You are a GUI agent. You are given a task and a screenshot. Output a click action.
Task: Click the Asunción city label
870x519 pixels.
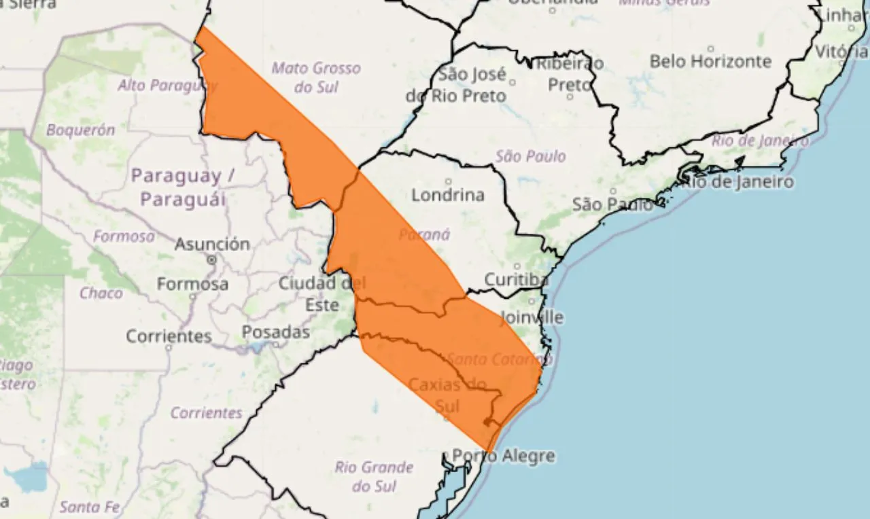pos(212,244)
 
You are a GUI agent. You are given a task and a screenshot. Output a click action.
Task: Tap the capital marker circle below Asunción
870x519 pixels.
pos(212,259)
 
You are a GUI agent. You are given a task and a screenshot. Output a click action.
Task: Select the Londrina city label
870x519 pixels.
pos(448,196)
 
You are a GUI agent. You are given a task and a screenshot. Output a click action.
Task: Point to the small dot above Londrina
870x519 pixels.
pos(448,181)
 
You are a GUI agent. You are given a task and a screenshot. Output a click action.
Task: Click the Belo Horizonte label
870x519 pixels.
pos(710,62)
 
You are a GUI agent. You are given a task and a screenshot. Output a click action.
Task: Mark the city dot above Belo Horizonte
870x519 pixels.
pos(711,49)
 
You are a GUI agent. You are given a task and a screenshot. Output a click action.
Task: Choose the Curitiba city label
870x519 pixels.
pos(516,280)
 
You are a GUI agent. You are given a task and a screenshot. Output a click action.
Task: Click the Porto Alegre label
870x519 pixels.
pos(504,457)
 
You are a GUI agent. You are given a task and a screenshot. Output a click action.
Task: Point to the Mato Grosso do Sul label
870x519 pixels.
pos(316,77)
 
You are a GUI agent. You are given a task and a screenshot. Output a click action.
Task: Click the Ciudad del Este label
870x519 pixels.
pos(321,293)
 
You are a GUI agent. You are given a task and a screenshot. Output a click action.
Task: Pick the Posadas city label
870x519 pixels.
pos(276,333)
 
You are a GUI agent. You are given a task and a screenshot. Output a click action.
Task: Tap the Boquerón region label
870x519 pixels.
pos(80,130)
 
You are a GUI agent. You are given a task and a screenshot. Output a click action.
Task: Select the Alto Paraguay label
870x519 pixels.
pos(167,86)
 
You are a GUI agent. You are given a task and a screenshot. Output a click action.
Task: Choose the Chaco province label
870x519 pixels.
pos(101,293)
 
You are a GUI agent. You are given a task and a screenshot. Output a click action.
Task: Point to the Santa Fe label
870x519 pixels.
pos(89,507)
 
